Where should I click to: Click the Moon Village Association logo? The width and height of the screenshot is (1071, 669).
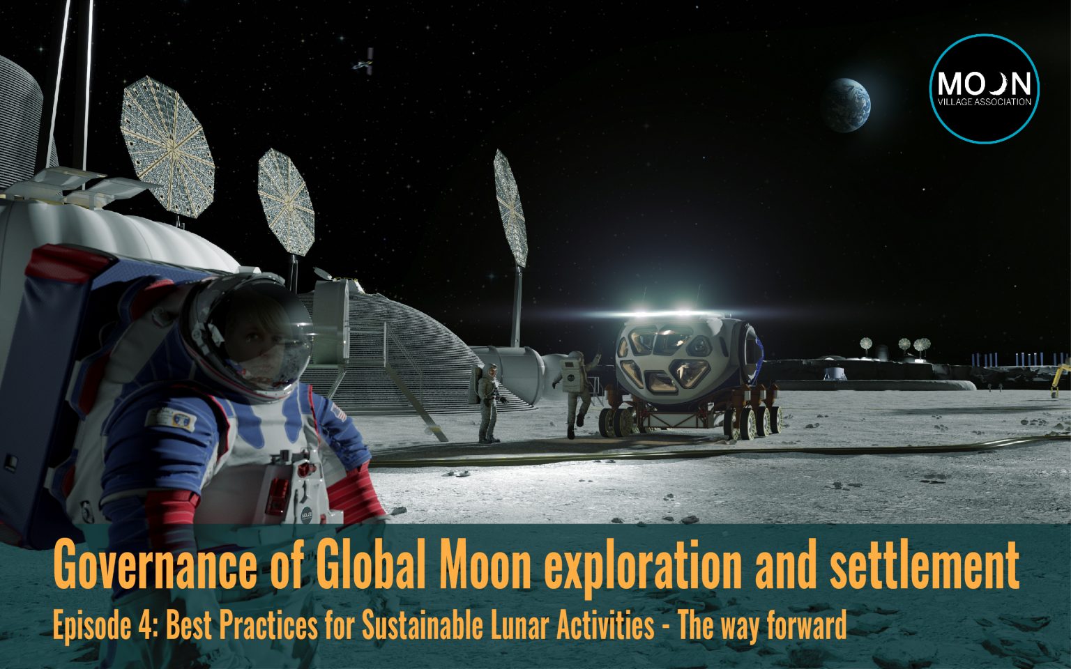(x=985, y=89)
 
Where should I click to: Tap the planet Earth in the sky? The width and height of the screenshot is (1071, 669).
(x=845, y=105)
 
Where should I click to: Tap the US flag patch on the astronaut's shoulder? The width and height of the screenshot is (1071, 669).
(x=340, y=413)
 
